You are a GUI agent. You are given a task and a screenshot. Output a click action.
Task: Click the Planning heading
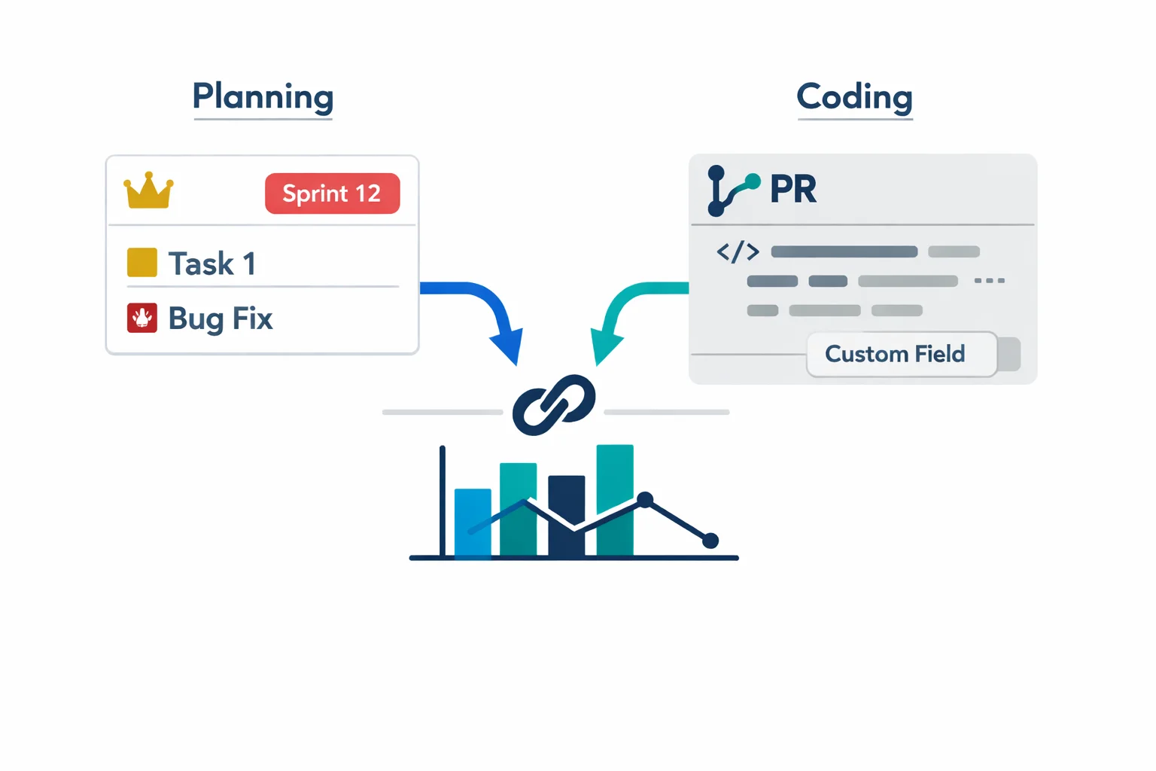(x=263, y=97)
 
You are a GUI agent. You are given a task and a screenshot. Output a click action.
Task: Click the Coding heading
(x=854, y=97)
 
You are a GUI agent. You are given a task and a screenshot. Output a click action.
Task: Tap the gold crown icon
(x=148, y=191)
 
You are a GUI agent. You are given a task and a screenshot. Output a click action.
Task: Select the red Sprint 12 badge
(x=332, y=194)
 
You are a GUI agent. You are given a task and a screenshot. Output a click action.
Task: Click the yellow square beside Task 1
(x=141, y=263)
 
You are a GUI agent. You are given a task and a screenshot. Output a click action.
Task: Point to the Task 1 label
(x=212, y=264)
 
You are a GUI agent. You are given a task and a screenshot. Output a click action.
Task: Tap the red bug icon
(x=141, y=318)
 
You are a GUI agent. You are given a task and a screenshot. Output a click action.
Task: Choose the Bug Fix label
(x=220, y=318)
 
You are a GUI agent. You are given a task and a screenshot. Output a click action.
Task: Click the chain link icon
(x=554, y=405)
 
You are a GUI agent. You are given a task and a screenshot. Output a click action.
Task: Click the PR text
(x=793, y=189)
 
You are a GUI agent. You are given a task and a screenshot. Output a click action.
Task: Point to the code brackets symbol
(x=738, y=251)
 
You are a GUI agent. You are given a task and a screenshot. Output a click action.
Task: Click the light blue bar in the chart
(x=473, y=523)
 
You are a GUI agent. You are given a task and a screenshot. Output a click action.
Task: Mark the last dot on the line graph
(x=710, y=540)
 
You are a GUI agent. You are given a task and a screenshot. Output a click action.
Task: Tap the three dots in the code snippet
(x=989, y=280)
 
